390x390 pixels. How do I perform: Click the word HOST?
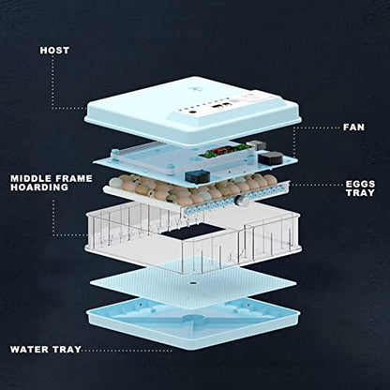[54, 51]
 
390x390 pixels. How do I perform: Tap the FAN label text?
[353, 127]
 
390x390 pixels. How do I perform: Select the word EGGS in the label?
[360, 184]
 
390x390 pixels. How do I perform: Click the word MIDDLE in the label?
[28, 178]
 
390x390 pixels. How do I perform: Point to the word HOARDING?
[39, 187]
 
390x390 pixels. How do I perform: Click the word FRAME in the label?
[71, 178]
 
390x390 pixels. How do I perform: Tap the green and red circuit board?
[222, 151]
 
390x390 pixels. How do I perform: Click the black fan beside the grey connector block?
[271, 158]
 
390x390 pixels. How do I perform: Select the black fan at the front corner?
[197, 176]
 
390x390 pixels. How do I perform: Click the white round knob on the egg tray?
[241, 201]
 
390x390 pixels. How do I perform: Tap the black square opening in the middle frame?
[194, 232]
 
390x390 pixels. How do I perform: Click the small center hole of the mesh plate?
[193, 283]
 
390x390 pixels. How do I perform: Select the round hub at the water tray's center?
[193, 318]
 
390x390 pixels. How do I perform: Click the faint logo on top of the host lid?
[193, 90]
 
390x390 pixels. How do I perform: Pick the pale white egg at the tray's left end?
[115, 182]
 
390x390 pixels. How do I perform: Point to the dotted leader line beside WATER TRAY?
[127, 351]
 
